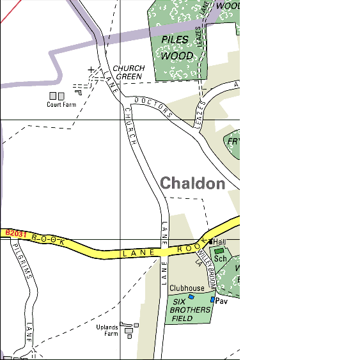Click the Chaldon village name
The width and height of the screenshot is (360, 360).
(192, 184)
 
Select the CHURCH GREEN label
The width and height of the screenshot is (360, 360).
(129, 72)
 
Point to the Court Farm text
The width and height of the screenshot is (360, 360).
(61, 105)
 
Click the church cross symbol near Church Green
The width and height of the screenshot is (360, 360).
(91, 69)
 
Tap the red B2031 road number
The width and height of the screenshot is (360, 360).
(16, 234)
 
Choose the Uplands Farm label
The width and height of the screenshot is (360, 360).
(107, 330)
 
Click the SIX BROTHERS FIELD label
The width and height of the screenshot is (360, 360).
(190, 310)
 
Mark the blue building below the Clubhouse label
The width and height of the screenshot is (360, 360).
(173, 297)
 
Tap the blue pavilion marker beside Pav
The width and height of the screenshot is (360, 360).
(213, 299)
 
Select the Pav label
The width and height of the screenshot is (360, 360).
(222, 301)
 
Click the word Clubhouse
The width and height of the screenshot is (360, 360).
(187, 288)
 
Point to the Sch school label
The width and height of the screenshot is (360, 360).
(221, 259)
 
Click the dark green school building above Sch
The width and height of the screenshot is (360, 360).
(219, 251)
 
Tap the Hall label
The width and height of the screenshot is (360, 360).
(220, 242)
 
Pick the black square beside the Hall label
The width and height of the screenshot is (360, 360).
(211, 242)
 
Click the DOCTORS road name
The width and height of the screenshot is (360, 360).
(154, 108)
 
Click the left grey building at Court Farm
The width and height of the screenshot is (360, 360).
(53, 96)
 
